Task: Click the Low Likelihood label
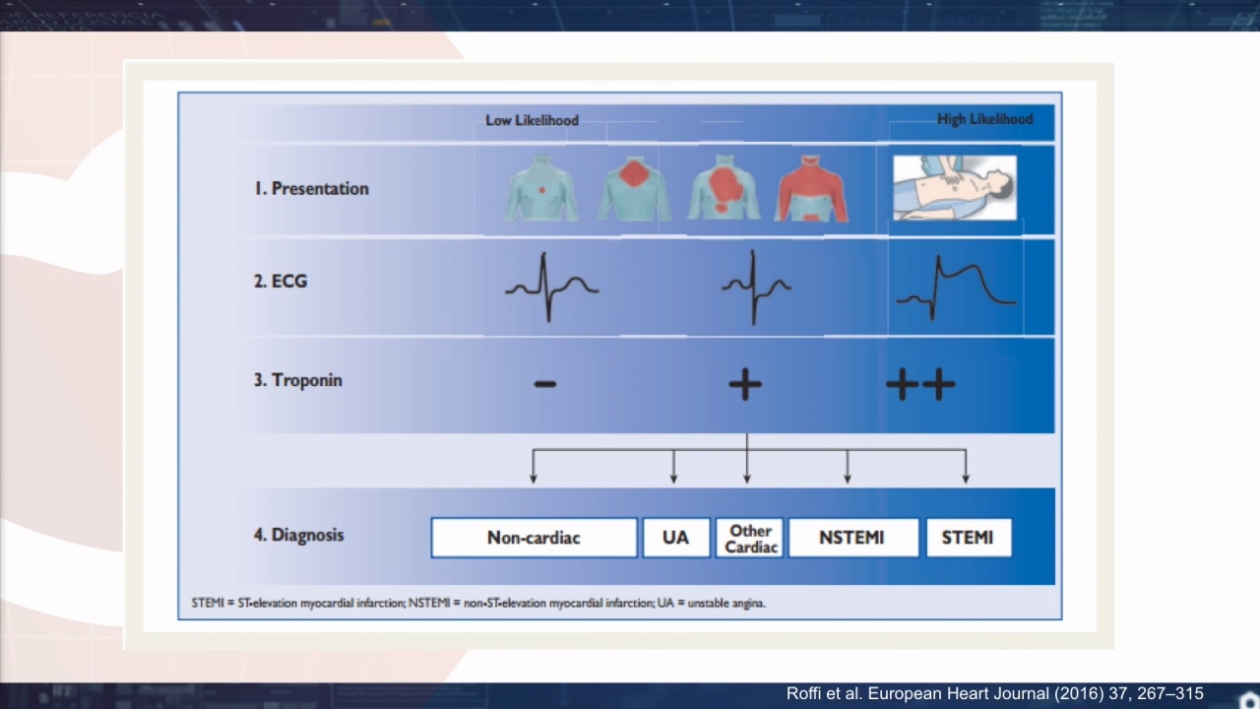[x=532, y=120]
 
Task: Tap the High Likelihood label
[x=985, y=119]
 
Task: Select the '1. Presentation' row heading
[x=312, y=188]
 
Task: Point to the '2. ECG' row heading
[x=281, y=281]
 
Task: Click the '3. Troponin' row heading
[x=298, y=380]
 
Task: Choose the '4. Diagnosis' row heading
[x=298, y=535]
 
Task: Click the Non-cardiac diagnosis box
[x=534, y=538]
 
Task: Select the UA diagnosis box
[x=676, y=538]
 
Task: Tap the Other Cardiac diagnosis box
[x=750, y=538]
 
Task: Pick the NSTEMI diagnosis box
[x=852, y=538]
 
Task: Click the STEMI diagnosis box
[x=968, y=538]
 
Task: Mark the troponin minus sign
[x=545, y=384]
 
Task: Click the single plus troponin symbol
[x=745, y=384]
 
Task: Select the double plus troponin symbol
[x=920, y=384]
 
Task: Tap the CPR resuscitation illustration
[x=955, y=188]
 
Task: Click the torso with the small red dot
[x=541, y=188]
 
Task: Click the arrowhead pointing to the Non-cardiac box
[x=534, y=479]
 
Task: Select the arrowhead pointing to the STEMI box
[x=966, y=479]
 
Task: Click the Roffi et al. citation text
[x=994, y=693]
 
